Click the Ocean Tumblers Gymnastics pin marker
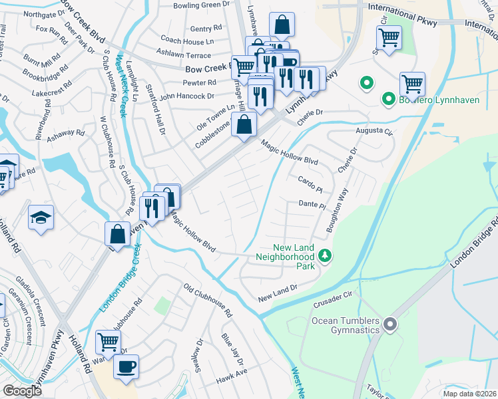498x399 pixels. tap(390, 325)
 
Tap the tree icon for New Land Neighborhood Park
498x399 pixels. tap(325, 255)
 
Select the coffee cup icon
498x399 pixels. tap(126, 366)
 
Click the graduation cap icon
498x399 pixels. tap(41, 217)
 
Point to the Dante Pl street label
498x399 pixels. tap(311, 205)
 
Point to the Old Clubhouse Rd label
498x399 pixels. tap(208, 300)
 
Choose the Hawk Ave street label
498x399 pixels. tap(231, 381)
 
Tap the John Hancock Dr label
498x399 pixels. tap(186, 96)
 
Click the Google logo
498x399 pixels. tap(22, 391)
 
